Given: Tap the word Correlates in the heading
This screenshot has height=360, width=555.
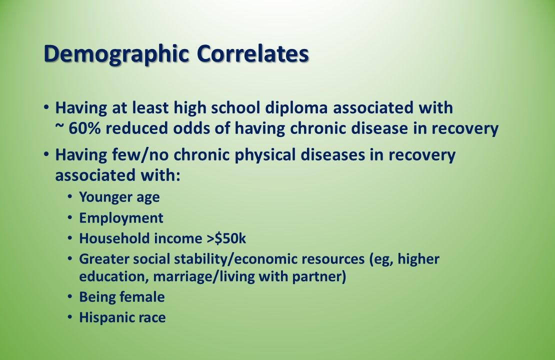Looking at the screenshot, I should (x=252, y=54).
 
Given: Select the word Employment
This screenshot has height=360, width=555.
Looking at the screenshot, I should (x=121, y=218).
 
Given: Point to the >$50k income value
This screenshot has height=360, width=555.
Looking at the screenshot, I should (x=226, y=238).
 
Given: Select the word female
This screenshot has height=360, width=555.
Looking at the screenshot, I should (x=143, y=297).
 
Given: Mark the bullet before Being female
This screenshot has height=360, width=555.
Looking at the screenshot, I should (x=69, y=297).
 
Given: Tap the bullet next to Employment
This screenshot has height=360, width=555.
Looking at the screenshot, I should (x=69, y=218).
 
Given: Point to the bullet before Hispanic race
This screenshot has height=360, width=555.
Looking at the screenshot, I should (x=69, y=317).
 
